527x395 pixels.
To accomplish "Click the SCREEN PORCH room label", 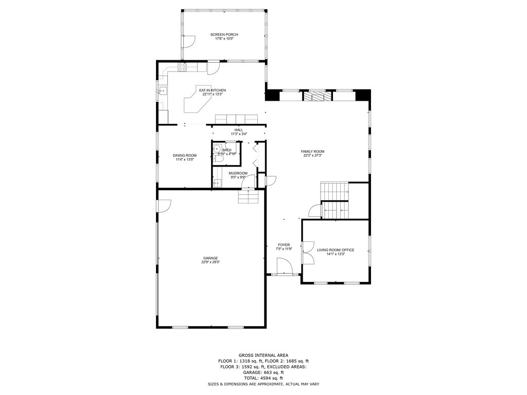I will [224, 34].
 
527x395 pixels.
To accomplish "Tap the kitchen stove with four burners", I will [182, 66].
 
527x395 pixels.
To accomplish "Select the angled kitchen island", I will [198, 100].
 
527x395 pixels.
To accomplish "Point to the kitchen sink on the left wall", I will [162, 91].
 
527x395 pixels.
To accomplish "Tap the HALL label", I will [238, 130].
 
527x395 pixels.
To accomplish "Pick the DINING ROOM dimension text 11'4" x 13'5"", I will [184, 159].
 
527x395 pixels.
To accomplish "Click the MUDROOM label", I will [238, 173].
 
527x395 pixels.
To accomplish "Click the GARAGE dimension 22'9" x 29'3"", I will [210, 262].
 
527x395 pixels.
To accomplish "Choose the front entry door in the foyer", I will [284, 267].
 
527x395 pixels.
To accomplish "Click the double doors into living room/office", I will [307, 252].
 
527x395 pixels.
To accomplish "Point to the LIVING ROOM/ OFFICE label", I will [335, 250].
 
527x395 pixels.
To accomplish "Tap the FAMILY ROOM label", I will [312, 151].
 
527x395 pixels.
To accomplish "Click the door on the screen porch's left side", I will [188, 41].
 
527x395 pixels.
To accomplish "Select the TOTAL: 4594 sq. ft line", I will [263, 378].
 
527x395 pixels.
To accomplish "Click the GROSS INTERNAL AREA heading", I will [263, 355].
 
